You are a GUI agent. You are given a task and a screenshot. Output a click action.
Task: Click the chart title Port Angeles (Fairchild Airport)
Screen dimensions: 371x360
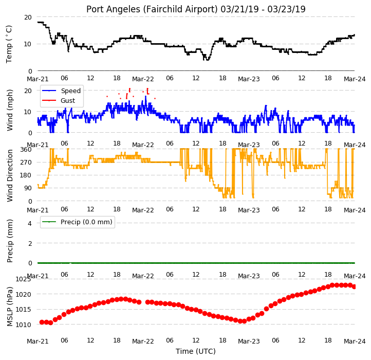coord(152,9)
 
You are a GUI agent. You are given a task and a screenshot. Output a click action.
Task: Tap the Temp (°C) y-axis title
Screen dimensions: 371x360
coord(9,44)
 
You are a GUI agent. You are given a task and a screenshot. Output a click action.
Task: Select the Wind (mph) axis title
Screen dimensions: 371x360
coord(9,110)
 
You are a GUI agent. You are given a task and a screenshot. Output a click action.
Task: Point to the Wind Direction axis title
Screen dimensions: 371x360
coord(9,175)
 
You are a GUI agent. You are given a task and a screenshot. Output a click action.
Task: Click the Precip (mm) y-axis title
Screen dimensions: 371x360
coord(9,241)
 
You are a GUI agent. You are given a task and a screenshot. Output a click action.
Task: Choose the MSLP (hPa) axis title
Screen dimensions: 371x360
coord(9,307)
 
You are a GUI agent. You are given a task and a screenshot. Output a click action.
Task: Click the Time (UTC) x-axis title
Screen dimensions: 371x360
coord(196,351)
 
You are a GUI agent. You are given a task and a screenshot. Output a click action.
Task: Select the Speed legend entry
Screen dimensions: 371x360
coord(70,91)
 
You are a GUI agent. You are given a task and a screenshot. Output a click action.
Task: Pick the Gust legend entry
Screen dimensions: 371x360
coord(68,100)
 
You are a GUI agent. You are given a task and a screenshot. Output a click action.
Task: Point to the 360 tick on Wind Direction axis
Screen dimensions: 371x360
coord(26,150)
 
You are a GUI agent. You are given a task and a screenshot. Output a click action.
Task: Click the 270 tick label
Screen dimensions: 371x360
coord(26,163)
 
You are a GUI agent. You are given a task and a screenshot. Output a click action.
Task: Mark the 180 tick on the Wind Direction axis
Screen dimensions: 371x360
coord(26,175)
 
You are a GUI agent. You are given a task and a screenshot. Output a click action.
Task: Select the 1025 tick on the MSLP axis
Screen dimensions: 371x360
coord(23,279)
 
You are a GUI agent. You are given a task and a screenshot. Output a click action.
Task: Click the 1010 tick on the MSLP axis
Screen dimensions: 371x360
coord(23,325)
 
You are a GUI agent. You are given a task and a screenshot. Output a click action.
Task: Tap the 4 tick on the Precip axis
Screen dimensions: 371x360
coord(30,223)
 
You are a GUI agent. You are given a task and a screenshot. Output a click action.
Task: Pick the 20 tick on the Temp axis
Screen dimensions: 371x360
coord(28,17)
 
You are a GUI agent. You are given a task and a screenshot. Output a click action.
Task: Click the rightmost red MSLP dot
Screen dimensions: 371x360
coord(354,286)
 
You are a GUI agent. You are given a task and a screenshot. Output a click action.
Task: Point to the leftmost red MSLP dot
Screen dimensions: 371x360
coord(42,322)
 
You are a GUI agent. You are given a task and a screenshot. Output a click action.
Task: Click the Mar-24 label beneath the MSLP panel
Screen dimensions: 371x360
coord(355,341)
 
